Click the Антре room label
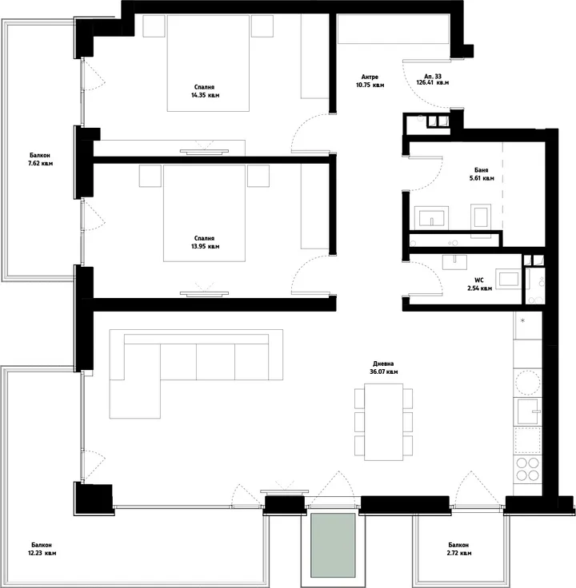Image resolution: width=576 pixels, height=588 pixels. pos(370,77)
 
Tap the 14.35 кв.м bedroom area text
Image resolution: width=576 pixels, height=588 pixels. pos(205,95)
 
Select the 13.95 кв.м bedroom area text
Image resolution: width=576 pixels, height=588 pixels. pos(205,246)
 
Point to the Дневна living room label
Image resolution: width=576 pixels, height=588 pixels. pos(383,364)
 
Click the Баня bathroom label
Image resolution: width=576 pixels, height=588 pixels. pos(482,170)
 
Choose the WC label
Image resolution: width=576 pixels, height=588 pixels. pos(479,280)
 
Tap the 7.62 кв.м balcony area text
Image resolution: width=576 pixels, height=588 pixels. pos(40,164)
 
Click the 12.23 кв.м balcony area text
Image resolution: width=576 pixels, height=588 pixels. pos(42,553)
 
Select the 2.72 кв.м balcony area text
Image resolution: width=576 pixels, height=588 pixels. pos(459,553)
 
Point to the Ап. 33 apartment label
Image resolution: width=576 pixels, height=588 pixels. pos(433,76)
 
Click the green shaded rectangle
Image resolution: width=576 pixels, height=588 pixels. pos(333,545)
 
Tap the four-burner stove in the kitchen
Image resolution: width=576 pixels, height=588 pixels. pos(527,469)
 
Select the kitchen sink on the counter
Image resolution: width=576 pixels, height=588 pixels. pos(527,411)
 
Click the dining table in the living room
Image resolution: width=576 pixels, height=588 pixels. pos(383,422)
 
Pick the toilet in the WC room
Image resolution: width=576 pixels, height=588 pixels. pos(508,279)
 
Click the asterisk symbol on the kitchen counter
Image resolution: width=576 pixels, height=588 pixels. pos(522,320)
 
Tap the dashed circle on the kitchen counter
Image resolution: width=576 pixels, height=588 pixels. pos(527,383)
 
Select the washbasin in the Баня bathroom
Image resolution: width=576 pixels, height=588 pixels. pos(431,217)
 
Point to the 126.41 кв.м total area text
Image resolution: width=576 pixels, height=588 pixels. pos(433,82)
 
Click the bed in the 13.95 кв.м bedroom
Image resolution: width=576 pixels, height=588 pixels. pos(205,213)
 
